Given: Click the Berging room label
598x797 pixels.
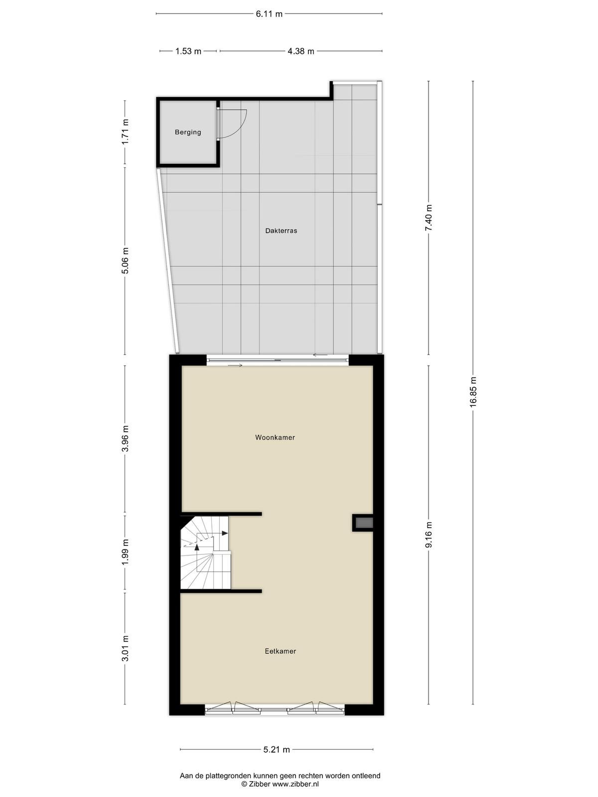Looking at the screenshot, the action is tap(188, 132).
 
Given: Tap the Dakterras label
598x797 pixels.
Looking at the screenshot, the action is tap(281, 231).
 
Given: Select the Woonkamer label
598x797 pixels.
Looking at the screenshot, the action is tap(275, 437).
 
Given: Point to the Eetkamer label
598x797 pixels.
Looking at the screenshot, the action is tap(280, 651).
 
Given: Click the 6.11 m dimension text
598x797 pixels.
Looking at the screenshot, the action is tap(269, 14).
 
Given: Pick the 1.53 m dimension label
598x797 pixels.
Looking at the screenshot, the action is tap(188, 51).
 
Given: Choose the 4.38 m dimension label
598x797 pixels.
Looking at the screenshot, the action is tap(300, 51).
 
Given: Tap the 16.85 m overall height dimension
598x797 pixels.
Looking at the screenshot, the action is tap(473, 392).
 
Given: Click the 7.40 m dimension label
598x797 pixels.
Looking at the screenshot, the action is tap(429, 218).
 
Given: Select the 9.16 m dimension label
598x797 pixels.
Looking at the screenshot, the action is tap(429, 534).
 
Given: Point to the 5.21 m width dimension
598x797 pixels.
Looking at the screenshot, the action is tap(277, 749).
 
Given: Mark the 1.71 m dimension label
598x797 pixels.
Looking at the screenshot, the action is tap(125, 132).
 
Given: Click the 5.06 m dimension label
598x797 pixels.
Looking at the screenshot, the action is tap(125, 261).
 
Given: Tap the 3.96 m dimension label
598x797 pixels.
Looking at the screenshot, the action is tap(125, 438).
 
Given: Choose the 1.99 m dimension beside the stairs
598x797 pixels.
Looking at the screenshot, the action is tap(125, 551).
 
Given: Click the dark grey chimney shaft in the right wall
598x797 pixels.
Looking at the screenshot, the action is tap(364, 523).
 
